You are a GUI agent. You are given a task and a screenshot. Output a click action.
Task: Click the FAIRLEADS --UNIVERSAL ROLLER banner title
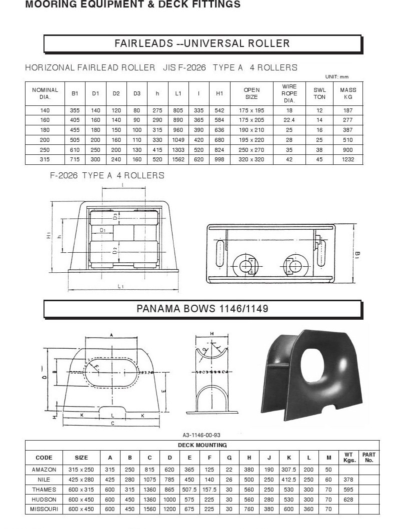click(x=202, y=43)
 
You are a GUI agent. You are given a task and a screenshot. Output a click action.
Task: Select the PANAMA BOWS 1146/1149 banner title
click(x=202, y=309)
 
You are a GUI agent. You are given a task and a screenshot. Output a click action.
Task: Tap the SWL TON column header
click(x=319, y=93)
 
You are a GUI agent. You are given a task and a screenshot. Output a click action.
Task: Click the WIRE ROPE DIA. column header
click(x=289, y=93)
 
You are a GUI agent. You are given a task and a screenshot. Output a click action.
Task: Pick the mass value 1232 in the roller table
click(x=348, y=159)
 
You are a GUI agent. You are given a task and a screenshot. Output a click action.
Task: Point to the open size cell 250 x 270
click(x=251, y=150)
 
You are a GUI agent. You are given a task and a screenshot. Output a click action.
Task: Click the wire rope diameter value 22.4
click(x=289, y=120)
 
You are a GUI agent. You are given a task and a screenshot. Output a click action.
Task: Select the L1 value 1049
click(x=178, y=140)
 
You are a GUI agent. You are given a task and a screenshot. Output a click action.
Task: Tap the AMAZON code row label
click(x=44, y=470)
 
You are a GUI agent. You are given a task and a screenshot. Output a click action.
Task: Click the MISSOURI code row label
click(x=44, y=509)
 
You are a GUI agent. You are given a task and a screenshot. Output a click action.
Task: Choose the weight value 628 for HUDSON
click(x=348, y=500)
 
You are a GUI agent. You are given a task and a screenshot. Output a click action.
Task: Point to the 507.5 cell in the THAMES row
click(x=189, y=490)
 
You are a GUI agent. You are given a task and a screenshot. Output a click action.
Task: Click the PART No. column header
click(x=369, y=458)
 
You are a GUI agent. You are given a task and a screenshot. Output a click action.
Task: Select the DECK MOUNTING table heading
click(x=202, y=446)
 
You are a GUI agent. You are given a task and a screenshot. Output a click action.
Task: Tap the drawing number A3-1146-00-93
click(x=201, y=435)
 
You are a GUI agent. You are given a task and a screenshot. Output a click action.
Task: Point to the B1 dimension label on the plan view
click(x=357, y=255)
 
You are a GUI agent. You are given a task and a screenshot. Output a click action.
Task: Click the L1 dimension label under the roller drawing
click(x=120, y=286)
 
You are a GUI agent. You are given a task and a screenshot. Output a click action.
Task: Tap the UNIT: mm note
click(x=337, y=77)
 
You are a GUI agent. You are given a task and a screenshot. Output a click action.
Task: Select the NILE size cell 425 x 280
click(x=81, y=480)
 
